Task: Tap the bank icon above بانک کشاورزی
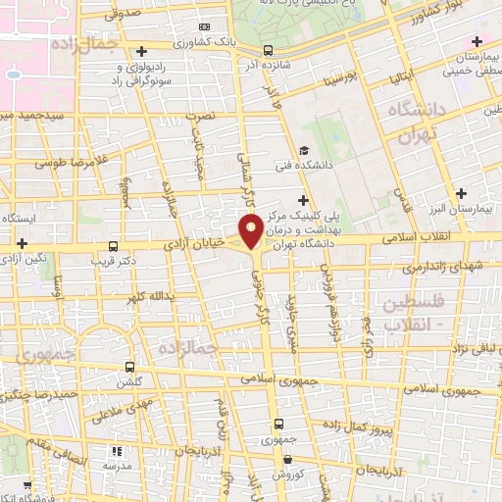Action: (x=204, y=26)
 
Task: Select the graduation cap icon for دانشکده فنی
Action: (x=304, y=150)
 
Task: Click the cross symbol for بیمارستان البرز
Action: (x=460, y=193)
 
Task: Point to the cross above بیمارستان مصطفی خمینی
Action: (x=477, y=42)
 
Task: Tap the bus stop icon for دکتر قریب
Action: (x=115, y=246)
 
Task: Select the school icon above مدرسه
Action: (x=117, y=452)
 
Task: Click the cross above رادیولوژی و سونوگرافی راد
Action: (x=143, y=51)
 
